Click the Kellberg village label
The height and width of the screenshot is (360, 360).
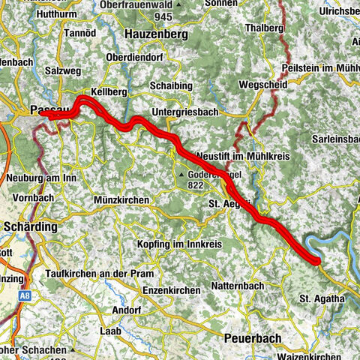coord(106,91)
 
